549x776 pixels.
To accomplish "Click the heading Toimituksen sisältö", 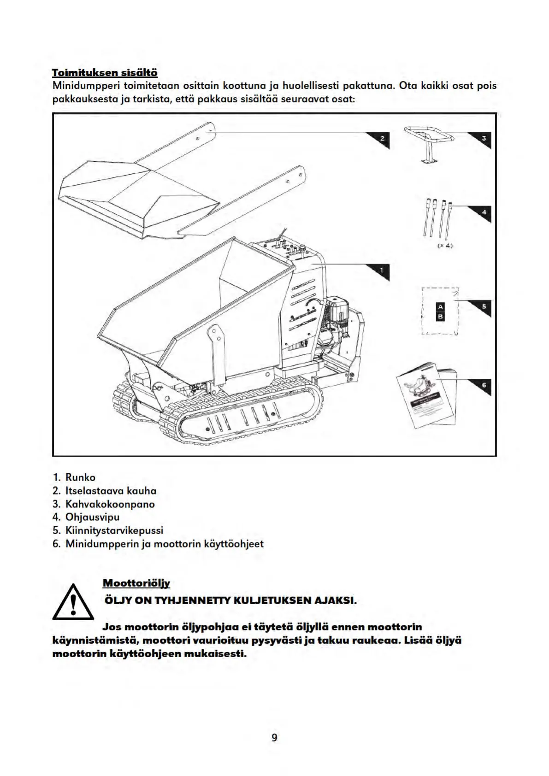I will (105, 73).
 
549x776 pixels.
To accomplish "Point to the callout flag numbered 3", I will (483, 138).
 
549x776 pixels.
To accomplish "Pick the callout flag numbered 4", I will (483, 212).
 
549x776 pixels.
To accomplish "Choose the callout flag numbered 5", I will (483, 307).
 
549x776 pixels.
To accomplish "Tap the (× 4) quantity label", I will (445, 246).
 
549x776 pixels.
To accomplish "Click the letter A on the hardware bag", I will (440, 307).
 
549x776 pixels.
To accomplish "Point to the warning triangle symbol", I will (73, 603).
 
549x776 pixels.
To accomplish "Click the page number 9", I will (275, 737).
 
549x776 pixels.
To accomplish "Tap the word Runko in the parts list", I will (80, 477).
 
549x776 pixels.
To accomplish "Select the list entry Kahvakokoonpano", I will (110, 504).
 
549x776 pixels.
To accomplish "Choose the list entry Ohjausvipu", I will (92, 517).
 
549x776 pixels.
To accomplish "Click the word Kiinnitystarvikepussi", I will (114, 530).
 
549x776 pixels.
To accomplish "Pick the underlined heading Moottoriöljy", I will (136, 583).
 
